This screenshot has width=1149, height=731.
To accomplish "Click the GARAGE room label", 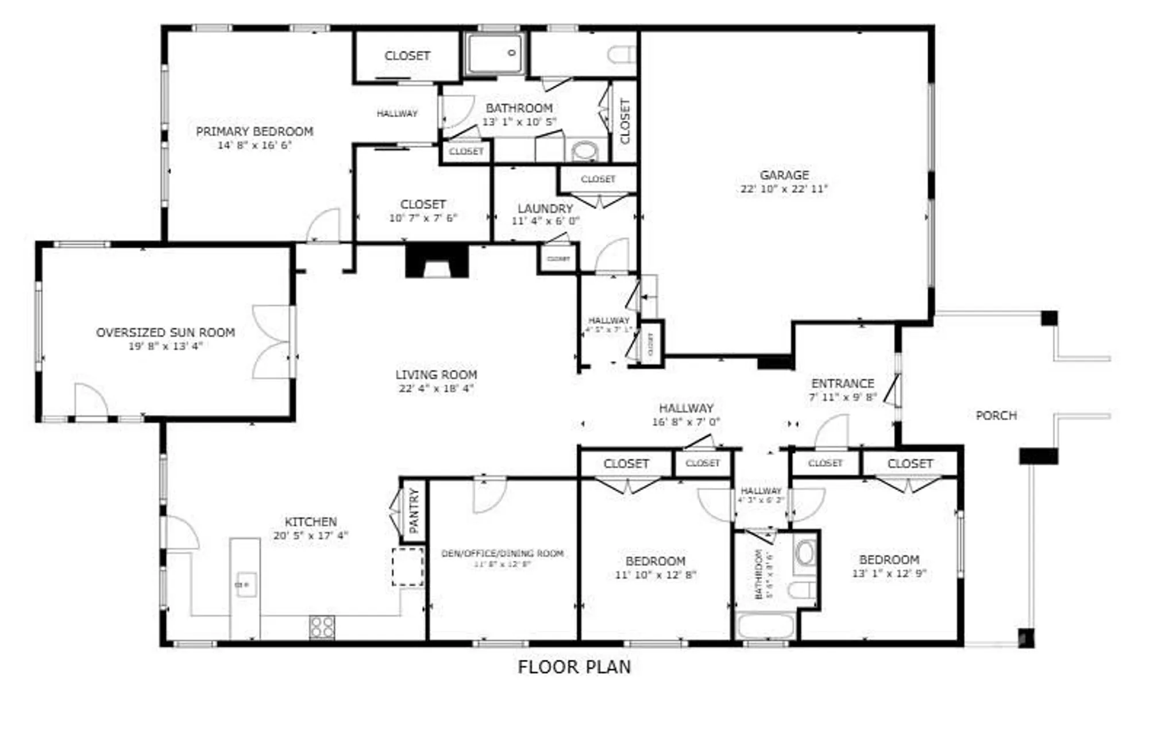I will pyautogui.click(x=784, y=175).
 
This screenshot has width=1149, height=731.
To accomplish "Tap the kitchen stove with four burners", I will pyautogui.click(x=322, y=627).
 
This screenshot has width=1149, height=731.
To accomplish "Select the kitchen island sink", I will pyautogui.click(x=245, y=584).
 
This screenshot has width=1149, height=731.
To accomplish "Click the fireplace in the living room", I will pyautogui.click(x=437, y=261).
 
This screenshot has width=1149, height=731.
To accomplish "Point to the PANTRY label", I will pyautogui.click(x=414, y=510).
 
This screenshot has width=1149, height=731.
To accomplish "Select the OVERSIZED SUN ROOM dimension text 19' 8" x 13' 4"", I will pyautogui.click(x=165, y=346).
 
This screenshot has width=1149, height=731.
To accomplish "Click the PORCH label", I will pyautogui.click(x=996, y=415).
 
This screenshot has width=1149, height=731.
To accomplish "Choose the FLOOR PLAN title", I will pyautogui.click(x=574, y=667).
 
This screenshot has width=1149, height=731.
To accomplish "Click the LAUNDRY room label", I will pyautogui.click(x=545, y=208).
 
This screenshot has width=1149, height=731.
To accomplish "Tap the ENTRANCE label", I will pyautogui.click(x=842, y=383).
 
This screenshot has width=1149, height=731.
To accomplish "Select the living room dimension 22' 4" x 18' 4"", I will pyautogui.click(x=436, y=388).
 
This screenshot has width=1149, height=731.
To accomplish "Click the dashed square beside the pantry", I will pyautogui.click(x=408, y=567).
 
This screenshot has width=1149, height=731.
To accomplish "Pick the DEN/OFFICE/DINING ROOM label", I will pyautogui.click(x=502, y=553).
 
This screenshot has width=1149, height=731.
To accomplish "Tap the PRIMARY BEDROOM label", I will pyautogui.click(x=255, y=131).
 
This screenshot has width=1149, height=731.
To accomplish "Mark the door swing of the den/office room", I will pyautogui.click(x=488, y=495).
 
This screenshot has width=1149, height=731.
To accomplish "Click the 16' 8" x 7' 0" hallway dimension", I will pyautogui.click(x=685, y=422).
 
